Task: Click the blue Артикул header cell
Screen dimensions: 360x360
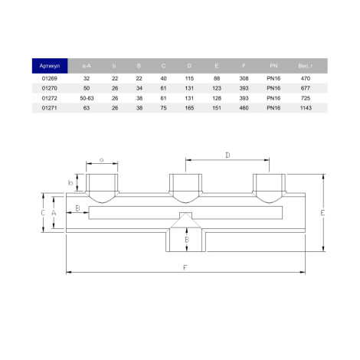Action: tap(50, 66)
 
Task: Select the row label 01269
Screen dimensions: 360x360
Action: tap(50, 78)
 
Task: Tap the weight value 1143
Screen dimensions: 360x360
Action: tap(306, 108)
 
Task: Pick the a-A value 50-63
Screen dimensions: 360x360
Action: tap(87, 98)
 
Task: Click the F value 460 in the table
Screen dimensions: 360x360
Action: tap(244, 108)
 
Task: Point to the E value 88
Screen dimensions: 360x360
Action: tap(217, 78)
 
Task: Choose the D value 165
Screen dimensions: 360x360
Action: tap(189, 108)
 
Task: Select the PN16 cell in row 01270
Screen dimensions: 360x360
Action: tap(273, 88)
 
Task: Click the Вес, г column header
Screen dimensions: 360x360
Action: tap(306, 66)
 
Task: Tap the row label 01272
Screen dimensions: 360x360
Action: tap(50, 98)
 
